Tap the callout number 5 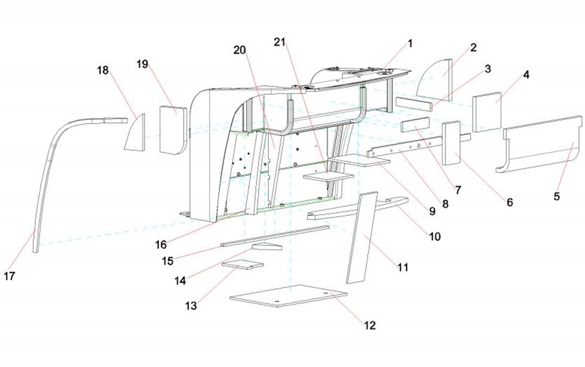click(x=557, y=196)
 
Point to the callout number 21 click(x=280, y=42)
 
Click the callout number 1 click(x=410, y=43)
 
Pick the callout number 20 click(x=240, y=49)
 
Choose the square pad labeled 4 click(x=486, y=111)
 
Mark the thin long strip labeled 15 click(x=275, y=235)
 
